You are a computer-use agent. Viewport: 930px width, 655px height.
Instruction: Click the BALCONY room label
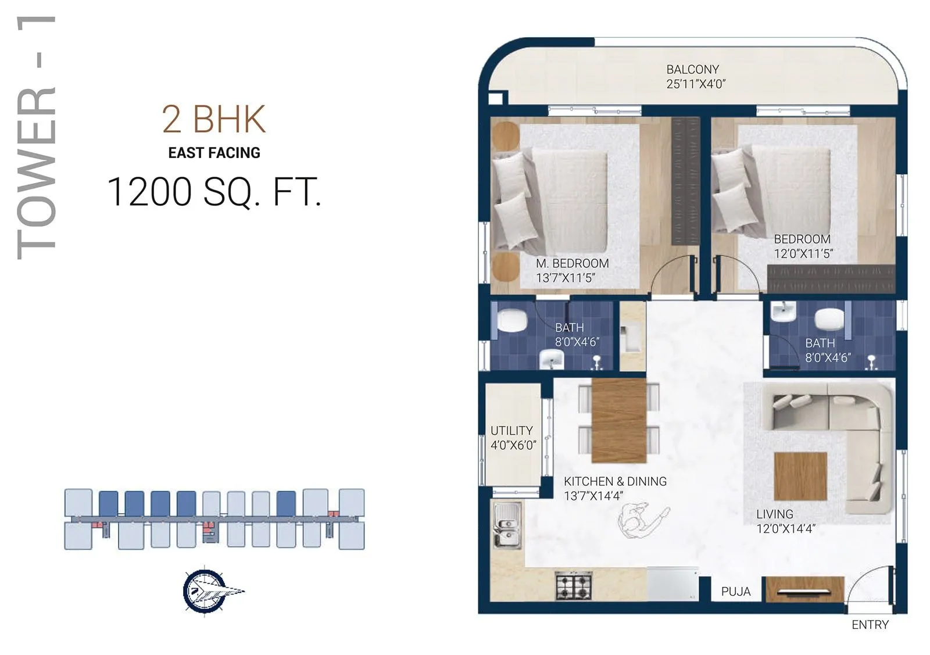[692, 69]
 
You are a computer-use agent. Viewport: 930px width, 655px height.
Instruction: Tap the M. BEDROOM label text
[572, 263]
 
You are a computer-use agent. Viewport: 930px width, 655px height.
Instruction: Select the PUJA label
[735, 592]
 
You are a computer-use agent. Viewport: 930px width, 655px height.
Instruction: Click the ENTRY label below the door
[870, 625]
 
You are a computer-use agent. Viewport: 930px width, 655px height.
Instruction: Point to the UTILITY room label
[512, 431]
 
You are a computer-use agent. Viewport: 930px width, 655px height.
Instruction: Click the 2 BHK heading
[213, 119]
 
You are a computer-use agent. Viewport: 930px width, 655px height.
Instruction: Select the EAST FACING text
[214, 153]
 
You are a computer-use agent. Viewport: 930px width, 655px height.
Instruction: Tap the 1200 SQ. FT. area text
[214, 192]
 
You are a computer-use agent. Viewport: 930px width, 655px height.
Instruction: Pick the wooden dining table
[618, 420]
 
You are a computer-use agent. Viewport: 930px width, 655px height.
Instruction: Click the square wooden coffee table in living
[800, 477]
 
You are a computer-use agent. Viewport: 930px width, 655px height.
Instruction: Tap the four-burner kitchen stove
[574, 586]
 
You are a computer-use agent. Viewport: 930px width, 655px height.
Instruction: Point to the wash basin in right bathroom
[783, 313]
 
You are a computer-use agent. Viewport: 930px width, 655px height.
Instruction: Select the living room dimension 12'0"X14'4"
[785, 529]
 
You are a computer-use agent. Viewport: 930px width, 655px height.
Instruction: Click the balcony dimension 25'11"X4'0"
[696, 84]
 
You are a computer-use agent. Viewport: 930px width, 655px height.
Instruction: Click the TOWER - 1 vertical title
[36, 137]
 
